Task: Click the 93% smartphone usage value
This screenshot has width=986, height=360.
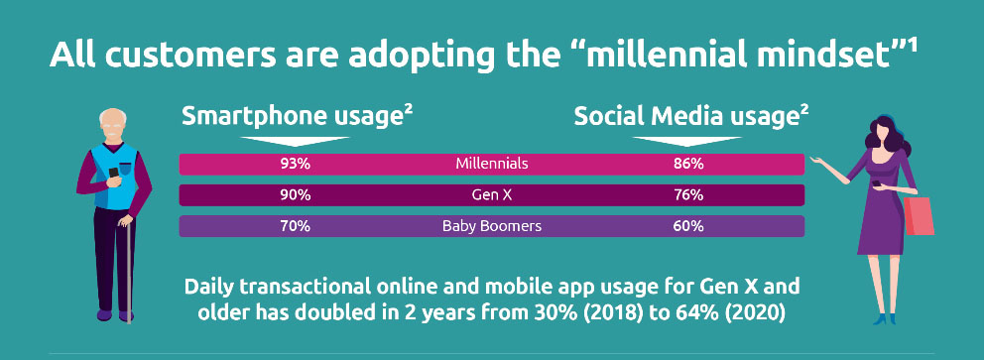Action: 296,165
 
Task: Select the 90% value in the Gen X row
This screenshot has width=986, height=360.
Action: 296,195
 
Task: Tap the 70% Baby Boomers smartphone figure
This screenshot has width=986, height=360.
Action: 296,226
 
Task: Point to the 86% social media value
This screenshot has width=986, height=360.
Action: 688,165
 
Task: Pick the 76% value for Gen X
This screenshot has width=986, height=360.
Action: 688,195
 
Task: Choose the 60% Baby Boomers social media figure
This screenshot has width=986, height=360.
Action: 688,226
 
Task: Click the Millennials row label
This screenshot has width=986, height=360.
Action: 492,165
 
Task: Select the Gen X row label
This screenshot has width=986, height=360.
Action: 492,195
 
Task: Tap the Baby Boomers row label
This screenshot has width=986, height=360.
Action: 492,226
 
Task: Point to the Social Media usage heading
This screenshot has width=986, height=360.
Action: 691,117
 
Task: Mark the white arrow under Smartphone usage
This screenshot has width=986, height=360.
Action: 296,142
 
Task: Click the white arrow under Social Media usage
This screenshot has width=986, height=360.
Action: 687,142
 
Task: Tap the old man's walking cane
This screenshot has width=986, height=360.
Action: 128,271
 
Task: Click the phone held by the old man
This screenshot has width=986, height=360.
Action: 114,173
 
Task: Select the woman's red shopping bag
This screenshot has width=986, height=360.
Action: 919,216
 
